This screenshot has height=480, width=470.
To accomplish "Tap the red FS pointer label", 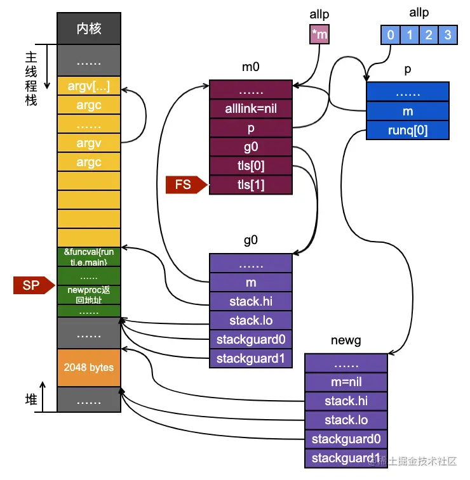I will pos(184,185).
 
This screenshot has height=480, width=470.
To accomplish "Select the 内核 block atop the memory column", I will pos(89,29).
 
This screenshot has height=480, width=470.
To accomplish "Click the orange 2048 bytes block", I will pos(89,367).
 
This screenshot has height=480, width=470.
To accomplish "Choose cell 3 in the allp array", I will pos(448,35).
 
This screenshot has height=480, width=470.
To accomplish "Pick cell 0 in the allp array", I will pos(391,35).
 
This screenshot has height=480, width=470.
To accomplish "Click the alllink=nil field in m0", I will pos(251,108).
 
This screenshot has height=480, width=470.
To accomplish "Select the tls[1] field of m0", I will pos(251,185).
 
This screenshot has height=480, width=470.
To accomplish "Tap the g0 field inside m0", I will pos(251,146).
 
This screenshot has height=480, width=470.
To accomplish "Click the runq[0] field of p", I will pos(408,130).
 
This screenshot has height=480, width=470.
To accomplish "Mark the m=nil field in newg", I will pos(346,382).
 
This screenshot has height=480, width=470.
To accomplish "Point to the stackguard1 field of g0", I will pos(251,358).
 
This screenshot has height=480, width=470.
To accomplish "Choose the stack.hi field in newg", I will pos(346,401).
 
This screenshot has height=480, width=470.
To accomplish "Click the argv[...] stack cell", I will pos(89,86).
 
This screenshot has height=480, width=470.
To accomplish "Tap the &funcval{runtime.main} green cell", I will pos(89,257).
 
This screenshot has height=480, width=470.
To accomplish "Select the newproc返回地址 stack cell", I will pos(89,294).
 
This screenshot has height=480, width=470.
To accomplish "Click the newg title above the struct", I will pos(346,341).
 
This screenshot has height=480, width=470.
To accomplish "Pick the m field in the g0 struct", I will pos(251,282).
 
